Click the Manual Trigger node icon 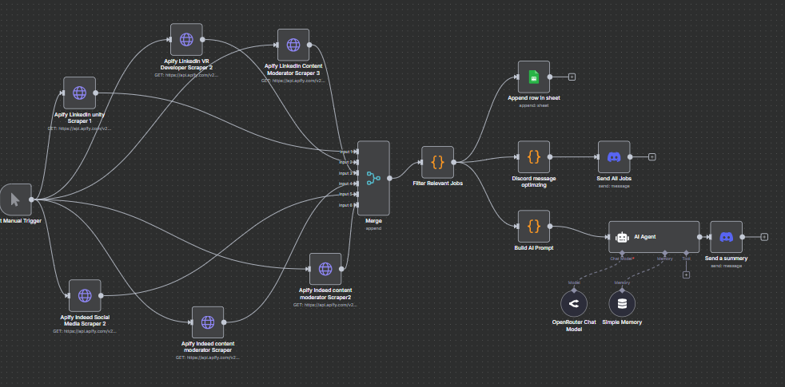(x=14, y=199)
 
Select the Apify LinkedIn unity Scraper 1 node (x=79, y=93)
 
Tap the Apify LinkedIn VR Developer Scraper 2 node (x=186, y=39)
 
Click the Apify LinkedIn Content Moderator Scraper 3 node (x=293, y=45)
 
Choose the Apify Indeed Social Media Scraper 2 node (x=85, y=295)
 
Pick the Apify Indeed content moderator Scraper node (x=208, y=322)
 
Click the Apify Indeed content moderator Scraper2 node (x=325, y=269)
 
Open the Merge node (x=373, y=177)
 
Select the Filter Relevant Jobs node (x=437, y=162)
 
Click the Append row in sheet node (x=534, y=77)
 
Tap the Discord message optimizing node (x=534, y=156)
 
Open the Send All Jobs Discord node (x=614, y=156)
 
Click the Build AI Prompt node (x=534, y=226)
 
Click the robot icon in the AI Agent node (x=622, y=237)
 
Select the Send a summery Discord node (x=726, y=237)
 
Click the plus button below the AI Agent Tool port (x=686, y=275)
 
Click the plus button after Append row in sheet (x=572, y=77)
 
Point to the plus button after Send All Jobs (x=652, y=156)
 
